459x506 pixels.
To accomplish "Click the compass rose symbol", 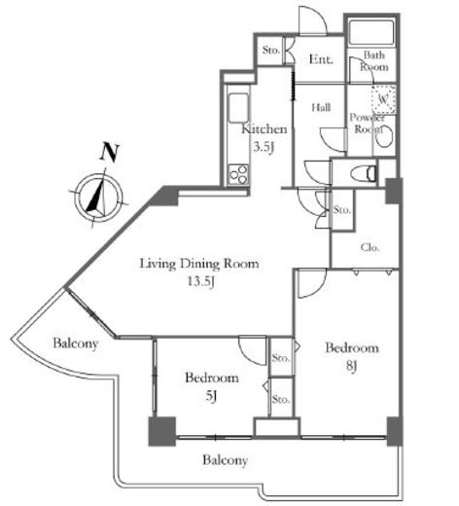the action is coord(98,198).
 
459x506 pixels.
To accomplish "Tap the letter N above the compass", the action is coord(109,152).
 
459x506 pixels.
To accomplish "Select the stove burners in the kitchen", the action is coord(238,174).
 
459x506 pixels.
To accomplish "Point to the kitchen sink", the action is coord(238,108).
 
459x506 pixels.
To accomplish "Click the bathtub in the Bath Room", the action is coord(371,32).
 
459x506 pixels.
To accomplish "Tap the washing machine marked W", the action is coord(383,99).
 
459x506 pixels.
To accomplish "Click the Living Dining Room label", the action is coord(199,264).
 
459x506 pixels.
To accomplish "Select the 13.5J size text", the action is coord(201,281).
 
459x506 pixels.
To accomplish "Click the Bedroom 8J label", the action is coord(352,356).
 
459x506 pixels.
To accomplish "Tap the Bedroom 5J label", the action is coord(212,386).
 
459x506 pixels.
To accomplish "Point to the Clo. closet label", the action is coord(370,248).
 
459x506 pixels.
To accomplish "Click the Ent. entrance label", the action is coord(321,59).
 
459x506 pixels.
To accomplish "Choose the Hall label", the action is coord(321,107).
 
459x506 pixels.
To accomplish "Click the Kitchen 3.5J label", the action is coord(265,138).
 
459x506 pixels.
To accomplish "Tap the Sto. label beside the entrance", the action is coord(270,51).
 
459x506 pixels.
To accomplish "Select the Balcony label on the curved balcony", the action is coord(76,343).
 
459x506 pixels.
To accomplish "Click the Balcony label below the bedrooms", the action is coord(226,460).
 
